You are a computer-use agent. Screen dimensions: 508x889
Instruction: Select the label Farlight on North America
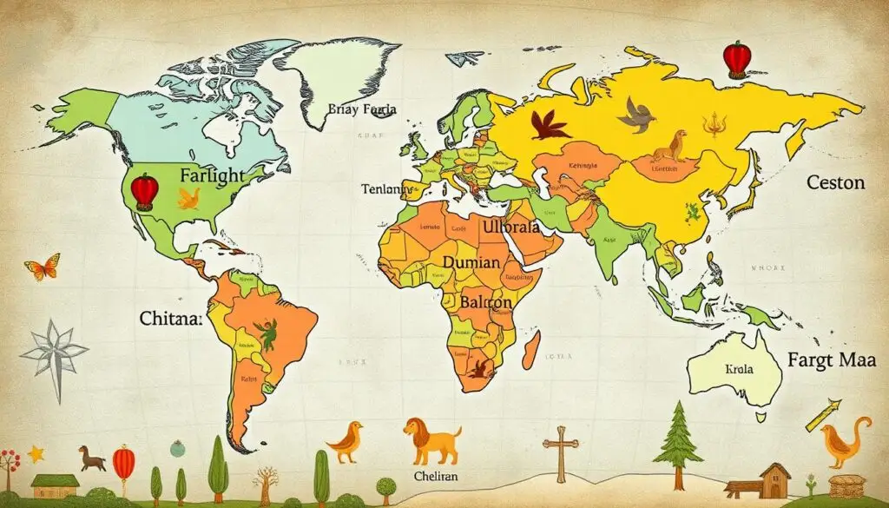(213, 175)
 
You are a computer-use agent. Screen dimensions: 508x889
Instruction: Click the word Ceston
(835, 183)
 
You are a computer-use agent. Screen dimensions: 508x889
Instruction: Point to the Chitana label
(170, 319)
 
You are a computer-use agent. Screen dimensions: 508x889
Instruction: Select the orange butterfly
(43, 267)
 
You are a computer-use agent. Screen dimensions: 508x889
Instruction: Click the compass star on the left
(54, 352)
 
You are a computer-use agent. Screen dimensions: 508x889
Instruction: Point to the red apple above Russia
(735, 60)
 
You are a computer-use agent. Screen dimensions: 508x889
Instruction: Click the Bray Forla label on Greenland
(362, 110)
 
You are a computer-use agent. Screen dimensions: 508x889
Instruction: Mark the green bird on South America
(267, 333)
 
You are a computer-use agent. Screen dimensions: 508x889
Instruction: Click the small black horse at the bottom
(91, 457)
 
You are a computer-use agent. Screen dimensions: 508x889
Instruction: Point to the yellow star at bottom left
(36, 453)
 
